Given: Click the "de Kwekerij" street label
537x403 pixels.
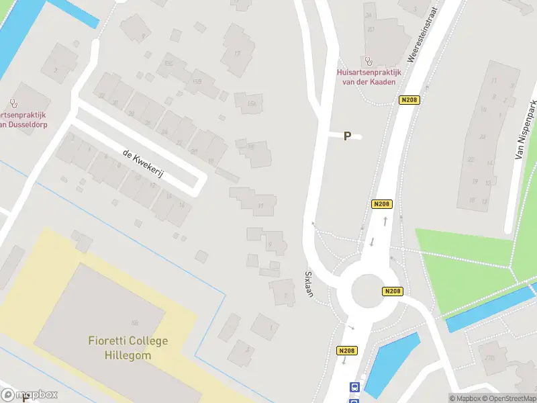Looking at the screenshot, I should point(143,164).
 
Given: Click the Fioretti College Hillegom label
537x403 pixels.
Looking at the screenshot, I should point(128,347).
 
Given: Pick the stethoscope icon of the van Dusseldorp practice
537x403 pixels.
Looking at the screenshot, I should point(13,103).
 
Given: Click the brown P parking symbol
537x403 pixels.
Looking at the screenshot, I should point(347,136).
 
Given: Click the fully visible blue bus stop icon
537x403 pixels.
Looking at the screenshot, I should point(354,387).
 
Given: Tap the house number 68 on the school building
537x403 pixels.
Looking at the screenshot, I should point(135,323).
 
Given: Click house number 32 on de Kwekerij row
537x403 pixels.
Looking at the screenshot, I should point(102,95).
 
